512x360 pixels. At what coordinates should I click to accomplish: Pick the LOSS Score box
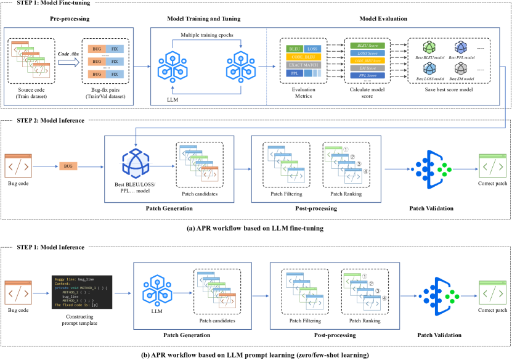(365, 54)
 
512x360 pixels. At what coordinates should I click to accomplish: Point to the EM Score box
(365, 68)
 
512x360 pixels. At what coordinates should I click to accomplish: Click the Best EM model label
(461, 80)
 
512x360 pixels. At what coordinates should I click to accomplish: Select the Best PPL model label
(461, 57)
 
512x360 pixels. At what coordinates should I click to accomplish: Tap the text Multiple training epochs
(207, 34)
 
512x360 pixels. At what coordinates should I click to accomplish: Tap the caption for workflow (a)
(255, 227)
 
